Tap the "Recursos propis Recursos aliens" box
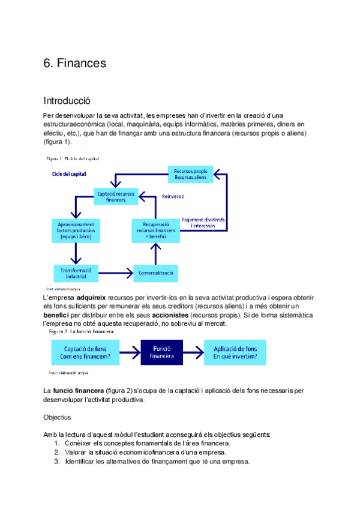click(x=191, y=174)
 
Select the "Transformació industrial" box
click(x=76, y=274)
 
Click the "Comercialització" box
click(x=156, y=273)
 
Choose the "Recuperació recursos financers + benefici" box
click(x=156, y=230)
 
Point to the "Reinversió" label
click(x=173, y=196)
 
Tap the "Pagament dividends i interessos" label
click(x=203, y=223)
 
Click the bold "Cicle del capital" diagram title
click(x=69, y=174)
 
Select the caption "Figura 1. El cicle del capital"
click(x=73, y=159)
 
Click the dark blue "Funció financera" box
click(x=161, y=352)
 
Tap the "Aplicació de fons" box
click(x=235, y=352)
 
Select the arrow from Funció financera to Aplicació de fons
click(x=193, y=352)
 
